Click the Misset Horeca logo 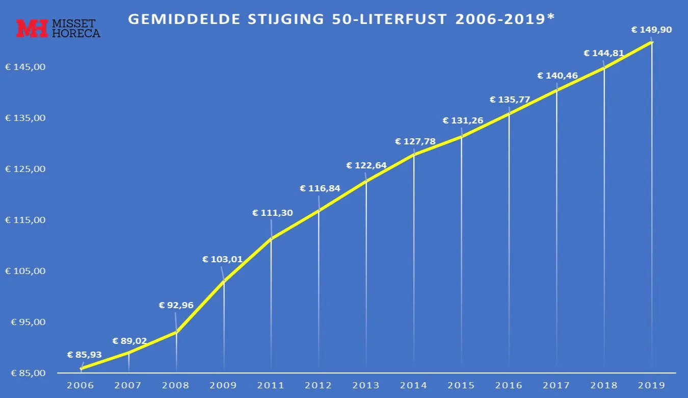[58, 29]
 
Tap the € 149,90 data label [651, 30]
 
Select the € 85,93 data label [85, 355]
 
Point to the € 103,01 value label [222, 259]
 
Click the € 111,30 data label [272, 213]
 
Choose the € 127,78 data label [415, 141]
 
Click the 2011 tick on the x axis [271, 385]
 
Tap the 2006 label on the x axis [81, 385]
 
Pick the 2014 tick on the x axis [413, 385]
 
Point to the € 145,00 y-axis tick [25, 67]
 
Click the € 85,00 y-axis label [25, 373]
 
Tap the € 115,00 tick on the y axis [25, 220]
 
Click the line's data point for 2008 [176, 332]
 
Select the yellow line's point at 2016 [509, 114]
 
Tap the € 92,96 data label [176, 306]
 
